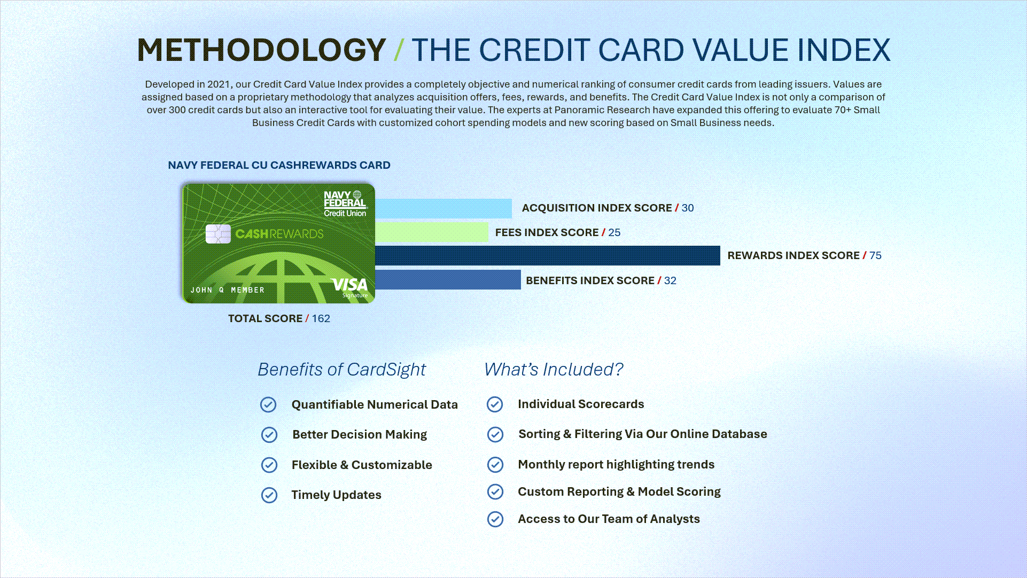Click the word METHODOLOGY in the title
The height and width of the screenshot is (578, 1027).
click(x=261, y=50)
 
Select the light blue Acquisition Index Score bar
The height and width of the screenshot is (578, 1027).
click(x=444, y=208)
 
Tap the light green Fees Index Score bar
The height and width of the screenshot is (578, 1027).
click(x=432, y=232)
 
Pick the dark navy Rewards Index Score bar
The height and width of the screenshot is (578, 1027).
click(x=548, y=255)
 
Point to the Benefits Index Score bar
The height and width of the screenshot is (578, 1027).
click(x=448, y=279)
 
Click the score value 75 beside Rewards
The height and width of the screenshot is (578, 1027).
click(x=875, y=255)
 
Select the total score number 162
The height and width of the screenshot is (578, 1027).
click(x=321, y=318)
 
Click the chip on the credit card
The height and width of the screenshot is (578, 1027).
click(x=218, y=233)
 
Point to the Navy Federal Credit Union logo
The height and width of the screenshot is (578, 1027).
click(x=345, y=204)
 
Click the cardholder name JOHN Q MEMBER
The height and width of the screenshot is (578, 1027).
click(x=228, y=290)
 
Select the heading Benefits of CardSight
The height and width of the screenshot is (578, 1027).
click(x=342, y=369)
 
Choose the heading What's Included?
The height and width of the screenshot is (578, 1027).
click(x=554, y=369)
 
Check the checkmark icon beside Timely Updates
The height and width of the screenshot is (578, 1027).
click(x=269, y=495)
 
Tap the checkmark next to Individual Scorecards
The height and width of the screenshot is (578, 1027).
click(x=495, y=404)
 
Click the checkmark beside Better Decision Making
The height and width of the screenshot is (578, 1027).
click(x=269, y=435)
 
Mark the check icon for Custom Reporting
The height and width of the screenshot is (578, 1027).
click(x=495, y=491)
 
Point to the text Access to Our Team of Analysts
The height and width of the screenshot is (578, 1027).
click(x=609, y=519)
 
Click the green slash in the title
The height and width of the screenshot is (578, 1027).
click(x=399, y=50)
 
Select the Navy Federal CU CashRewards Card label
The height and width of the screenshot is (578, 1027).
click(x=279, y=165)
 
